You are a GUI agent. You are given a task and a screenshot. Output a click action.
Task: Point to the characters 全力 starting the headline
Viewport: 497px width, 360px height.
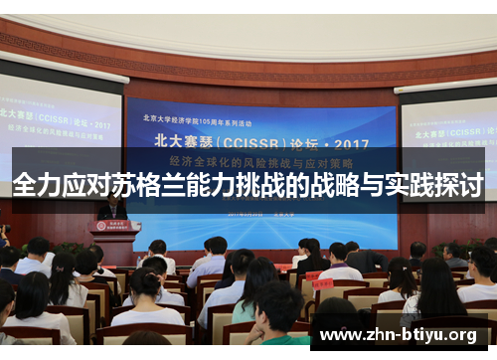(x=37, y=185)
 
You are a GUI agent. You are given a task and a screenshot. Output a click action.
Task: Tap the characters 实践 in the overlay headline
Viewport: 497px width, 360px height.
(x=410, y=185)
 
